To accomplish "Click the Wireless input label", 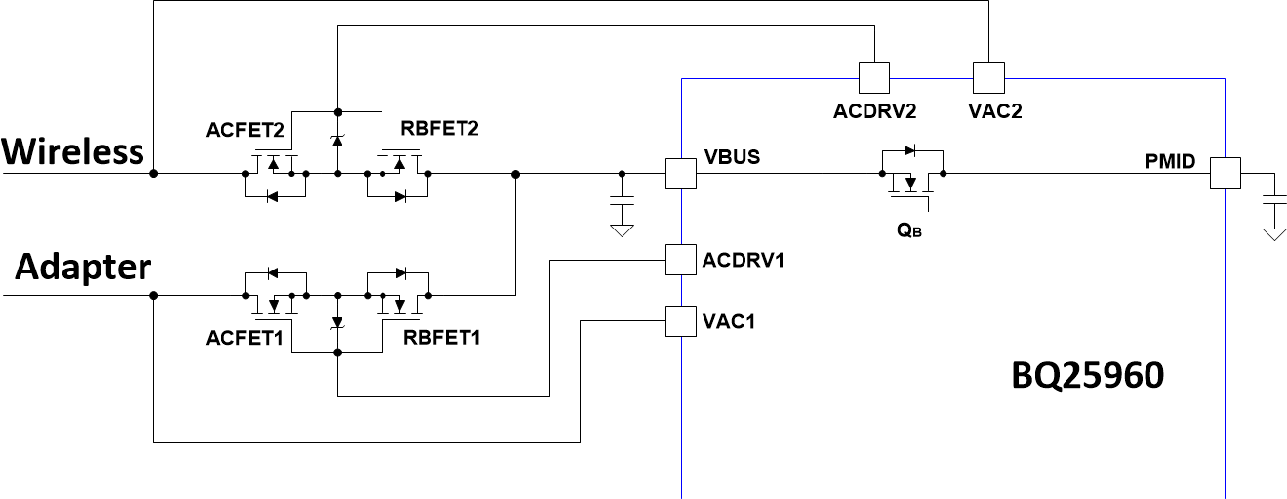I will (x=73, y=151).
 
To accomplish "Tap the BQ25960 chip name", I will (x=1086, y=376).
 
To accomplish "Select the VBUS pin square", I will (x=680, y=175).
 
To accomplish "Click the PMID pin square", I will (x=1225, y=175).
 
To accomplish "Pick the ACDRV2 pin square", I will (x=872, y=76).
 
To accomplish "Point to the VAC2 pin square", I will (x=988, y=76).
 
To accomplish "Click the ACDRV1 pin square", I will (x=680, y=260).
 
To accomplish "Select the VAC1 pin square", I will (x=680, y=320).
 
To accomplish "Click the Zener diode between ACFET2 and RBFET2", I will (x=337, y=141).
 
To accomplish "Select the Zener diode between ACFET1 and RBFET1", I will (x=337, y=322).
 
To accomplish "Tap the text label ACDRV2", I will (x=874, y=110).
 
